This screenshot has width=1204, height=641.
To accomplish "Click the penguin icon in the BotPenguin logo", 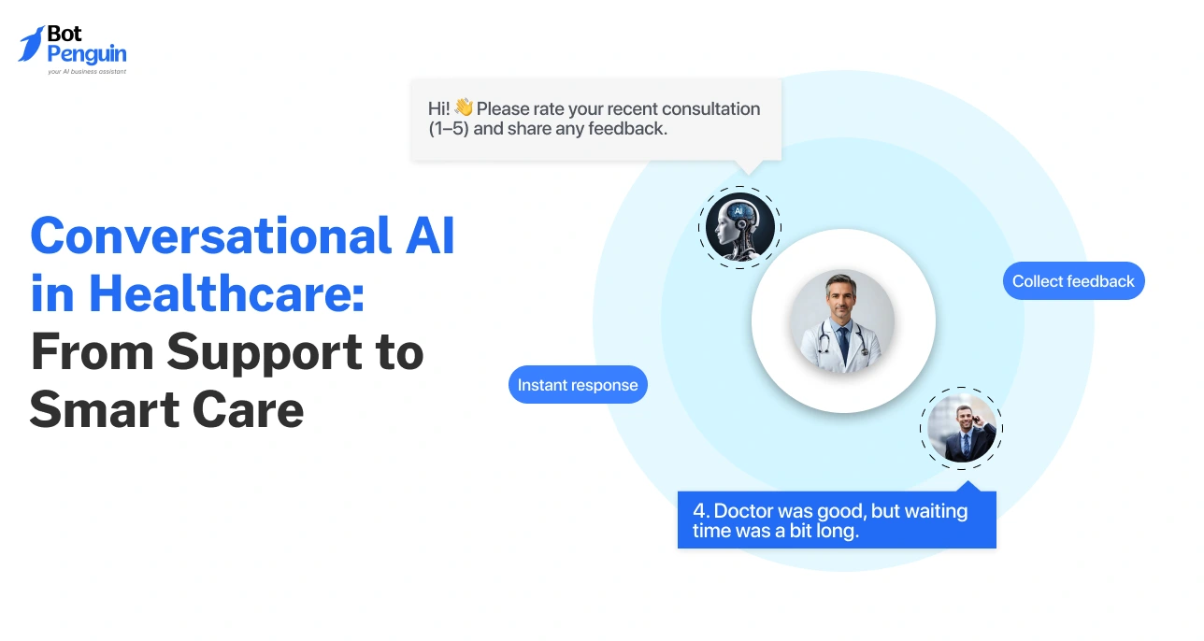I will pos(31,44).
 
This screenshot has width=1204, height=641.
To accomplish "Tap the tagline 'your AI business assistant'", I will pos(86,71).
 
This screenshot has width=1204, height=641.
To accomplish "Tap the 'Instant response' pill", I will pos(578,385).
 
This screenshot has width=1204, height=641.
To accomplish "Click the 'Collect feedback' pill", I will pos(1073,281).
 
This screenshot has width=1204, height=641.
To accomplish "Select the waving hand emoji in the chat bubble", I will pos(464,108).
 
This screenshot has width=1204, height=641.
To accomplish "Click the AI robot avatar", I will pos(739,226).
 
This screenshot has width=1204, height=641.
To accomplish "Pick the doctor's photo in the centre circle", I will pos(842,320).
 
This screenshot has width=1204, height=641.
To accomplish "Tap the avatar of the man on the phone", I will pos(961,429).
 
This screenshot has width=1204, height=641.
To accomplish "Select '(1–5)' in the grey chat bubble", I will pos(449,129).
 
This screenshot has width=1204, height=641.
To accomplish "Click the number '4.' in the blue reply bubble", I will pos(701,511).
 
